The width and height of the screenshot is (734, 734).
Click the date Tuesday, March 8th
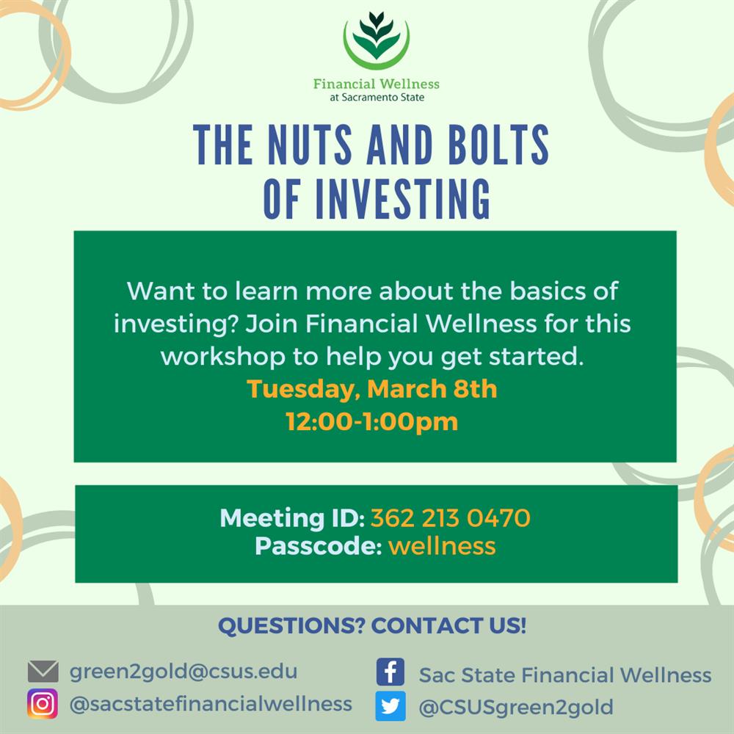click(372, 388)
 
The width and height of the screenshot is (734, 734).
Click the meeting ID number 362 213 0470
click(450, 519)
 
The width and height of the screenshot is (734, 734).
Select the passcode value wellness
click(442, 546)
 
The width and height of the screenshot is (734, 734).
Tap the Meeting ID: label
click(291, 519)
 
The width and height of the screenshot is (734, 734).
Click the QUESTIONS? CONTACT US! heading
click(372, 627)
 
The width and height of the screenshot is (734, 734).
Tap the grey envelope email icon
click(43, 672)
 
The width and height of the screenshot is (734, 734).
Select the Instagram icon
click(43, 705)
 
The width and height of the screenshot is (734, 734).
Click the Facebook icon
click(390, 672)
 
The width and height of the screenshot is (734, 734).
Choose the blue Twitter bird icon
click(390, 707)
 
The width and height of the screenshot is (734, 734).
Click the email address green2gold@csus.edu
click(183, 672)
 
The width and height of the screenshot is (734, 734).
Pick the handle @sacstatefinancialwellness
click(210, 704)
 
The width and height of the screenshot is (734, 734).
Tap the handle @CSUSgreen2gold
click(515, 708)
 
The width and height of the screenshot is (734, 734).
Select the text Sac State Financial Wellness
click(564, 675)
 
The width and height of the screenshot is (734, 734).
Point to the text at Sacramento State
click(377, 97)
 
